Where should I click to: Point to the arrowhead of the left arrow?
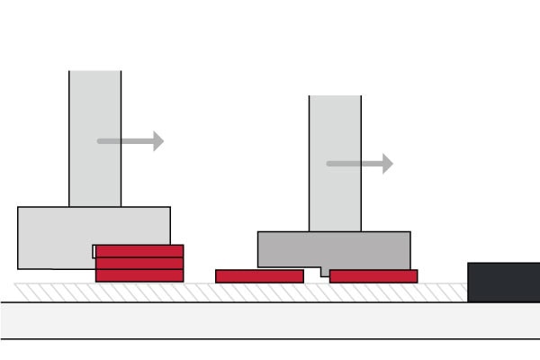tap(158, 140)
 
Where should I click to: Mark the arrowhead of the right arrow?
tap(387, 164)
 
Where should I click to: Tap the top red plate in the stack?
tap(139, 251)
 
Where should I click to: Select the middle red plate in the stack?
tap(139, 263)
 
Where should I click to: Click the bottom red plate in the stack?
tap(139, 275)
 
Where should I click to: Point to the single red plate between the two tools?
tap(259, 276)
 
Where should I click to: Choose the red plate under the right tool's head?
tap(373, 276)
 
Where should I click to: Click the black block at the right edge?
tap(503, 282)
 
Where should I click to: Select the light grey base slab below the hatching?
tap(270, 320)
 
